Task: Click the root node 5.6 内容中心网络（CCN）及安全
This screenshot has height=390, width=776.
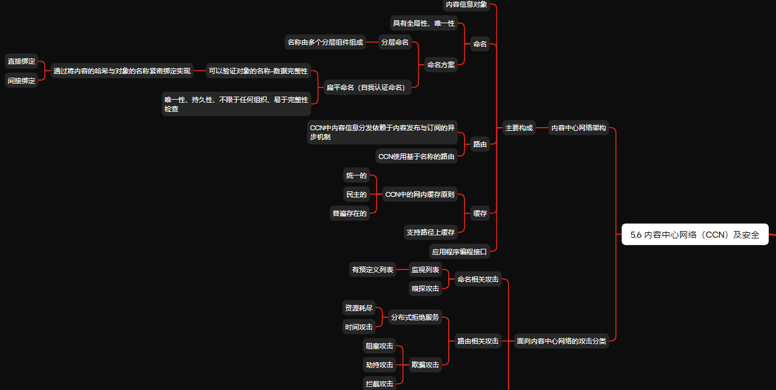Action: pos(695,234)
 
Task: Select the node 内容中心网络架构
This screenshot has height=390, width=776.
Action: pos(578,128)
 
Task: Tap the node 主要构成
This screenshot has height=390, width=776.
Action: pos(518,128)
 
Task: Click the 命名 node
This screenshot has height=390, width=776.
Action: pos(480,44)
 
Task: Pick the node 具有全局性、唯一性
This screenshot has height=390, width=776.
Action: pos(424,23)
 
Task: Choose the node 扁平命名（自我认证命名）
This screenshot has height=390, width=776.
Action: pos(365,87)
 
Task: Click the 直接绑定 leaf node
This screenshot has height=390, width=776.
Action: pos(21,61)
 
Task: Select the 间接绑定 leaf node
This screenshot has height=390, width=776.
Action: pos(21,81)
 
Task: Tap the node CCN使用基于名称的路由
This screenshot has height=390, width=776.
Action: pos(416,156)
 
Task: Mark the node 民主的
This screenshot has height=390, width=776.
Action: pos(356,194)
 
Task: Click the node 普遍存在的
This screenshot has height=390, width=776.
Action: pos(349,213)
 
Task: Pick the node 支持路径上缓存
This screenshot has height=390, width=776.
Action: pos(430,232)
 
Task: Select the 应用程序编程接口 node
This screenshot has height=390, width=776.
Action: pos(459,251)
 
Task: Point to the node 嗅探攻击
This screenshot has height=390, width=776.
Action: pos(425,288)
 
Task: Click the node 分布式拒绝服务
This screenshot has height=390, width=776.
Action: pos(415,317)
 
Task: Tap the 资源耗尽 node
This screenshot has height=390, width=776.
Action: pos(358,308)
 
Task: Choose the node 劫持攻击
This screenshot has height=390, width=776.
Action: pos(379,365)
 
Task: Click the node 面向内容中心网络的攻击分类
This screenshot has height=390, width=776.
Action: pos(561,341)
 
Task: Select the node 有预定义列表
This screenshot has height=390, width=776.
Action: pos(372,269)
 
